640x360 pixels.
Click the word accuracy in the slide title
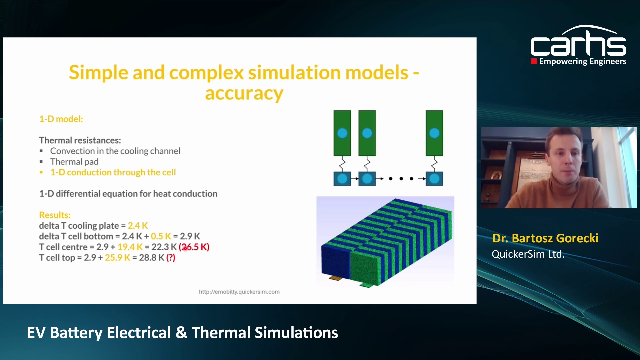[x=244, y=94]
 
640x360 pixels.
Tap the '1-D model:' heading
[x=61, y=119]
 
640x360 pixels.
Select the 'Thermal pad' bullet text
[x=74, y=162]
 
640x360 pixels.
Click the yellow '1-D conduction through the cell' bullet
[x=113, y=172]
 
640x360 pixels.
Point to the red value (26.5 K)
[x=194, y=247]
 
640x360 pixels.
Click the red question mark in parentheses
[x=171, y=258]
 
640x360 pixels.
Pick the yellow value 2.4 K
[x=138, y=226]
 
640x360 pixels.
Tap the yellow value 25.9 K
[x=117, y=258]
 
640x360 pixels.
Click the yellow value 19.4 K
[x=130, y=247]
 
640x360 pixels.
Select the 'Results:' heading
[x=55, y=215]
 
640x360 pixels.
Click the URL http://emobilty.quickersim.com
[x=239, y=292]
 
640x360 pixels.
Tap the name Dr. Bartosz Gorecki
[x=545, y=238]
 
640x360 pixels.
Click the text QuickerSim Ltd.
[x=528, y=254]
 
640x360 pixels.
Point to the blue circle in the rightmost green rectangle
[x=434, y=133]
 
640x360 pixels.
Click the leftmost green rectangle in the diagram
[x=342, y=133]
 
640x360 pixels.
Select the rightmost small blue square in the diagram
[x=434, y=179]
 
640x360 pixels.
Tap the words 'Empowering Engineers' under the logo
[x=582, y=61]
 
